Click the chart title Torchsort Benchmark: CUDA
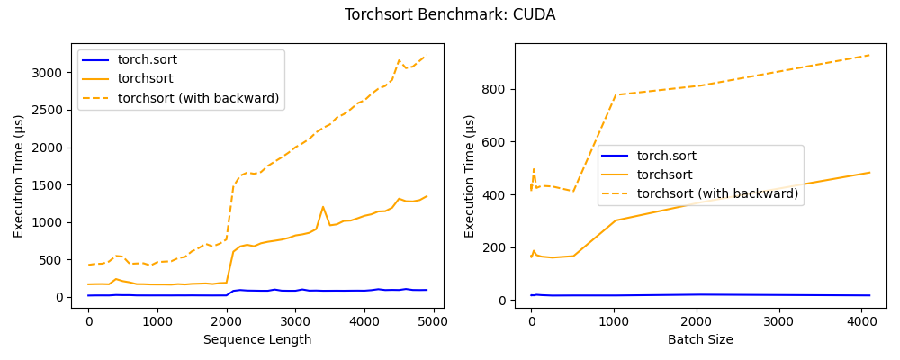point(450,15)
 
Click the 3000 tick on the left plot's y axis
point(49,73)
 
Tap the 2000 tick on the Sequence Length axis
point(226,320)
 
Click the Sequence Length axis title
point(257,339)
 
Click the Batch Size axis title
point(700,339)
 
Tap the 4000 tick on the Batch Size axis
point(861,320)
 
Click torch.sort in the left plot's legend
point(147,60)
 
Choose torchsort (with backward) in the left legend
point(198,98)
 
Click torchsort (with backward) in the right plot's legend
point(717,193)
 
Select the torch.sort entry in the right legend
point(666,156)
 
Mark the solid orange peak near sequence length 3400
point(323,207)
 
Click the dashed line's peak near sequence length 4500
point(400,60)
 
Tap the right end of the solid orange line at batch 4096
point(870,172)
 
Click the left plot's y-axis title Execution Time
point(19,175)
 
